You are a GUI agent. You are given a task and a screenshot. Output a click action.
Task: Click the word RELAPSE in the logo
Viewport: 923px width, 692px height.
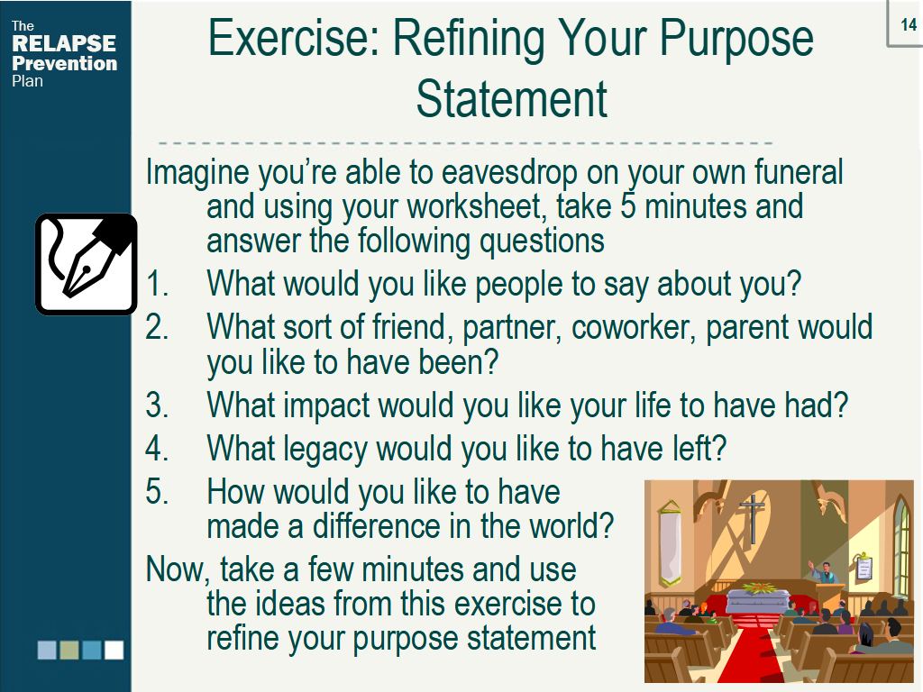coord(64,43)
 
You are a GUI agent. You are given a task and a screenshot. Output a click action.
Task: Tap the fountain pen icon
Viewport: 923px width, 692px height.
coord(86,264)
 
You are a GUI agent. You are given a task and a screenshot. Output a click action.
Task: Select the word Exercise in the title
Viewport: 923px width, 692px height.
coord(289,39)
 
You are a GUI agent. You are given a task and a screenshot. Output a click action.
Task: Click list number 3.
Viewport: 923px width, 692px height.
coord(157,405)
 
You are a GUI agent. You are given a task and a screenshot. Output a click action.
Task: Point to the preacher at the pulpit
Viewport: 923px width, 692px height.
coord(823,572)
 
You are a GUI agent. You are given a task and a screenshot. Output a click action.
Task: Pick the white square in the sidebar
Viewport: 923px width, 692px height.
coord(114,650)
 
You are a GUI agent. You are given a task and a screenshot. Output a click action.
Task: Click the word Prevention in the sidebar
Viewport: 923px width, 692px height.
coord(64,63)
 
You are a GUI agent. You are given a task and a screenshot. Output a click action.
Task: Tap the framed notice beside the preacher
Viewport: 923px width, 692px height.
coord(864,567)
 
